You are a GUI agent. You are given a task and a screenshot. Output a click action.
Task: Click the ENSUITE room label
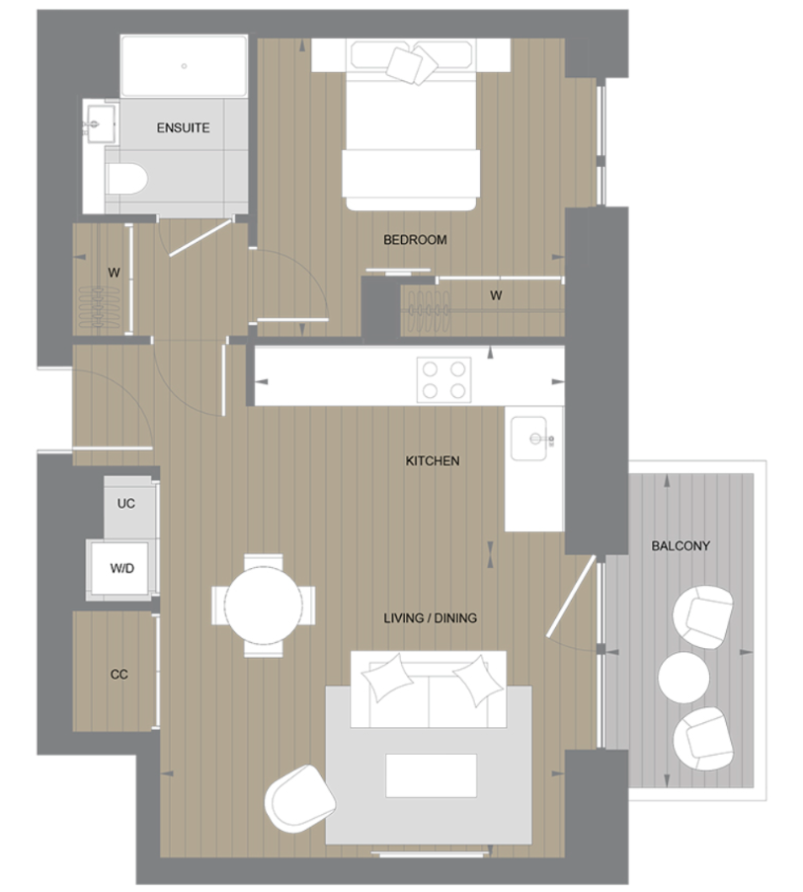click(x=183, y=128)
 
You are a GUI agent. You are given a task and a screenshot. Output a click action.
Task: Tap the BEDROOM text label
click(x=415, y=240)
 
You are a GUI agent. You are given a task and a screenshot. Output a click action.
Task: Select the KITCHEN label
click(x=433, y=461)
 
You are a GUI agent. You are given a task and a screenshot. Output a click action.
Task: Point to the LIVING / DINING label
click(x=430, y=618)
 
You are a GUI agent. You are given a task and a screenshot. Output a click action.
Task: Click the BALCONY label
click(x=681, y=546)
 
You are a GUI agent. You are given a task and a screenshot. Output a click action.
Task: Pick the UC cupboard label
click(x=125, y=504)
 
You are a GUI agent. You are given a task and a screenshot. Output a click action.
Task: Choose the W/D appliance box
click(x=122, y=569)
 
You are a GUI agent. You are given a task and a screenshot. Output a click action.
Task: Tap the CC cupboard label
click(x=119, y=675)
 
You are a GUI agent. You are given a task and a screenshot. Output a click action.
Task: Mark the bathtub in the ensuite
click(x=184, y=67)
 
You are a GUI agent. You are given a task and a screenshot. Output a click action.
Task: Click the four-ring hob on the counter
click(x=444, y=378)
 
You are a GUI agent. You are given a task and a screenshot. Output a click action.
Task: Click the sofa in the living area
click(x=430, y=687)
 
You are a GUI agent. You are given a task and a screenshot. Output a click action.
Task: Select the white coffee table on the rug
click(x=431, y=774)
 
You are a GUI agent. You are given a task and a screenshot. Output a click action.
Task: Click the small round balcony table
click(x=683, y=677)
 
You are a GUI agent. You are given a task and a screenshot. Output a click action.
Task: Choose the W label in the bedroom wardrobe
click(x=496, y=295)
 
